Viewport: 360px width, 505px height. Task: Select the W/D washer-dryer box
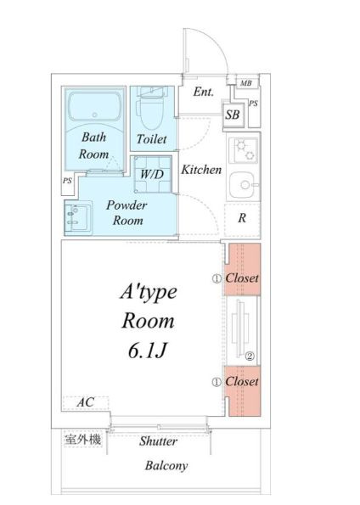(x=153, y=174)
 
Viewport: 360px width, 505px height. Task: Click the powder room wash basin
(x=78, y=218)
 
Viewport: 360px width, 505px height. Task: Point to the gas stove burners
(x=244, y=150)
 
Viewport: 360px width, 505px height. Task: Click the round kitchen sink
(x=244, y=185)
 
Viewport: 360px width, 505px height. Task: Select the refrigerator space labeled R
(x=242, y=219)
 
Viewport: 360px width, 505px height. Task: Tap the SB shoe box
(x=233, y=115)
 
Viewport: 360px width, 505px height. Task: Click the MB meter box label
(x=246, y=83)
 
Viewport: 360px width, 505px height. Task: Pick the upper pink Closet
(x=242, y=269)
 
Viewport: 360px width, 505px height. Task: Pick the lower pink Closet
(x=243, y=390)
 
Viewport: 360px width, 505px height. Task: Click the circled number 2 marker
(x=250, y=356)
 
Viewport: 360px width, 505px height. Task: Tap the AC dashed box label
(x=86, y=402)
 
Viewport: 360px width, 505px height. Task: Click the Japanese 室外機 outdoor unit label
(x=83, y=439)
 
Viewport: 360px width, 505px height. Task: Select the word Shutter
(x=158, y=441)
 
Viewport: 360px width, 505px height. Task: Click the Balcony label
(x=166, y=466)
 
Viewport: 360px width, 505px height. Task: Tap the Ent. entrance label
(x=204, y=93)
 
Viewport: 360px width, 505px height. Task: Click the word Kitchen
(x=201, y=170)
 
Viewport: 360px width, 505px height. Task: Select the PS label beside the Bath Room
(x=67, y=181)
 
